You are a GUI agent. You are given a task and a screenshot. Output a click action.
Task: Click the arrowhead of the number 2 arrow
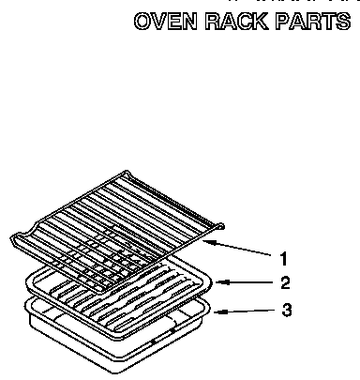pos(217,280)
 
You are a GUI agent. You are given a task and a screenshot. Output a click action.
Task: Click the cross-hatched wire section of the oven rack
pos(108,258)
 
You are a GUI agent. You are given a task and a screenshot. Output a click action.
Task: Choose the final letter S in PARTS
pos(342,23)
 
